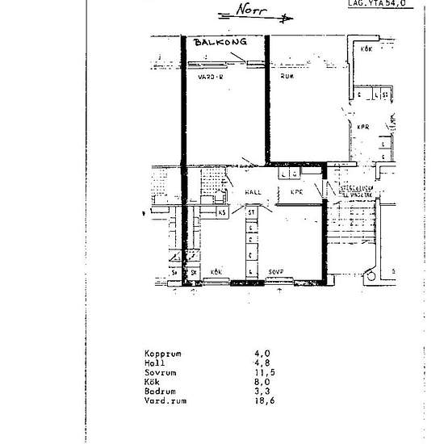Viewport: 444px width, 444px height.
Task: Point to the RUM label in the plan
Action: (x=286, y=78)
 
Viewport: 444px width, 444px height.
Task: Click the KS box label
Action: (x=222, y=212)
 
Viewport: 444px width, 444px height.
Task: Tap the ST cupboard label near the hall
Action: (x=252, y=212)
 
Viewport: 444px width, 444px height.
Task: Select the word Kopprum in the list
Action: (x=163, y=354)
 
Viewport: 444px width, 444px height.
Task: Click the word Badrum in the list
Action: (x=161, y=392)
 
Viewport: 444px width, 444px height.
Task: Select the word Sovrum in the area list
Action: (x=161, y=373)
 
